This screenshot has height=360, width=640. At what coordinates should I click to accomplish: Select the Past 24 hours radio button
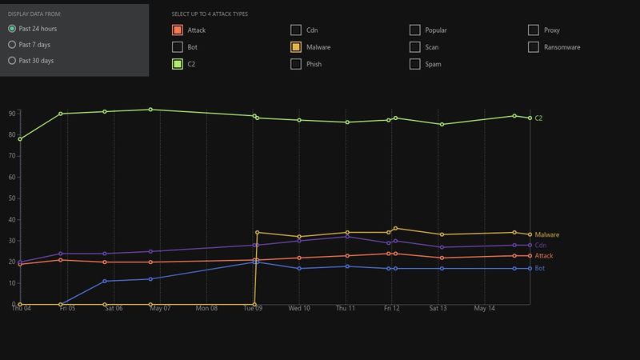click(x=12, y=29)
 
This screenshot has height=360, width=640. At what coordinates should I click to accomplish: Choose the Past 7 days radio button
click(x=12, y=45)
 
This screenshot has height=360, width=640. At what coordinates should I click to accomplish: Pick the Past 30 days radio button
click(x=12, y=61)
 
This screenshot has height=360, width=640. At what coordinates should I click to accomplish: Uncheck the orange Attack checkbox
click(x=178, y=30)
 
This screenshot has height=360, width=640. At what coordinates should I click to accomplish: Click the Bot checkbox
click(x=178, y=47)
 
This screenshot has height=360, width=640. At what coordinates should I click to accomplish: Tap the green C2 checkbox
click(x=178, y=64)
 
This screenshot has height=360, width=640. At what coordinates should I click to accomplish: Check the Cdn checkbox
click(x=297, y=30)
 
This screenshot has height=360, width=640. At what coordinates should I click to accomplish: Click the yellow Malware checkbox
click(x=297, y=47)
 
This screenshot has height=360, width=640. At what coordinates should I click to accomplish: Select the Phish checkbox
click(x=297, y=64)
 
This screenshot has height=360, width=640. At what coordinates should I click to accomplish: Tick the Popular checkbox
click(x=415, y=30)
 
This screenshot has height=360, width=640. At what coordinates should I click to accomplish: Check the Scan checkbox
click(x=415, y=47)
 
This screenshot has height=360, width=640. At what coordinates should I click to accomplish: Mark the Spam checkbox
click(x=415, y=64)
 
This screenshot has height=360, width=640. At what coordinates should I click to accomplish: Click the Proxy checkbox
click(x=534, y=30)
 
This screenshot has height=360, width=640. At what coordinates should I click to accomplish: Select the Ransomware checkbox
click(x=534, y=47)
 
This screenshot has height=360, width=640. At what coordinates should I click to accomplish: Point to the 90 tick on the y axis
click(x=12, y=114)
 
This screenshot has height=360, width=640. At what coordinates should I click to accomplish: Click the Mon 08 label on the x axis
click(x=206, y=308)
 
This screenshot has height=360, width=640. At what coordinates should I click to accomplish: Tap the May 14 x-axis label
click(x=485, y=308)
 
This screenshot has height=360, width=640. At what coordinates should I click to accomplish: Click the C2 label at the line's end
click(x=538, y=118)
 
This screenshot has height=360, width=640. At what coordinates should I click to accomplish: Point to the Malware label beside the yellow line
click(x=546, y=234)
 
